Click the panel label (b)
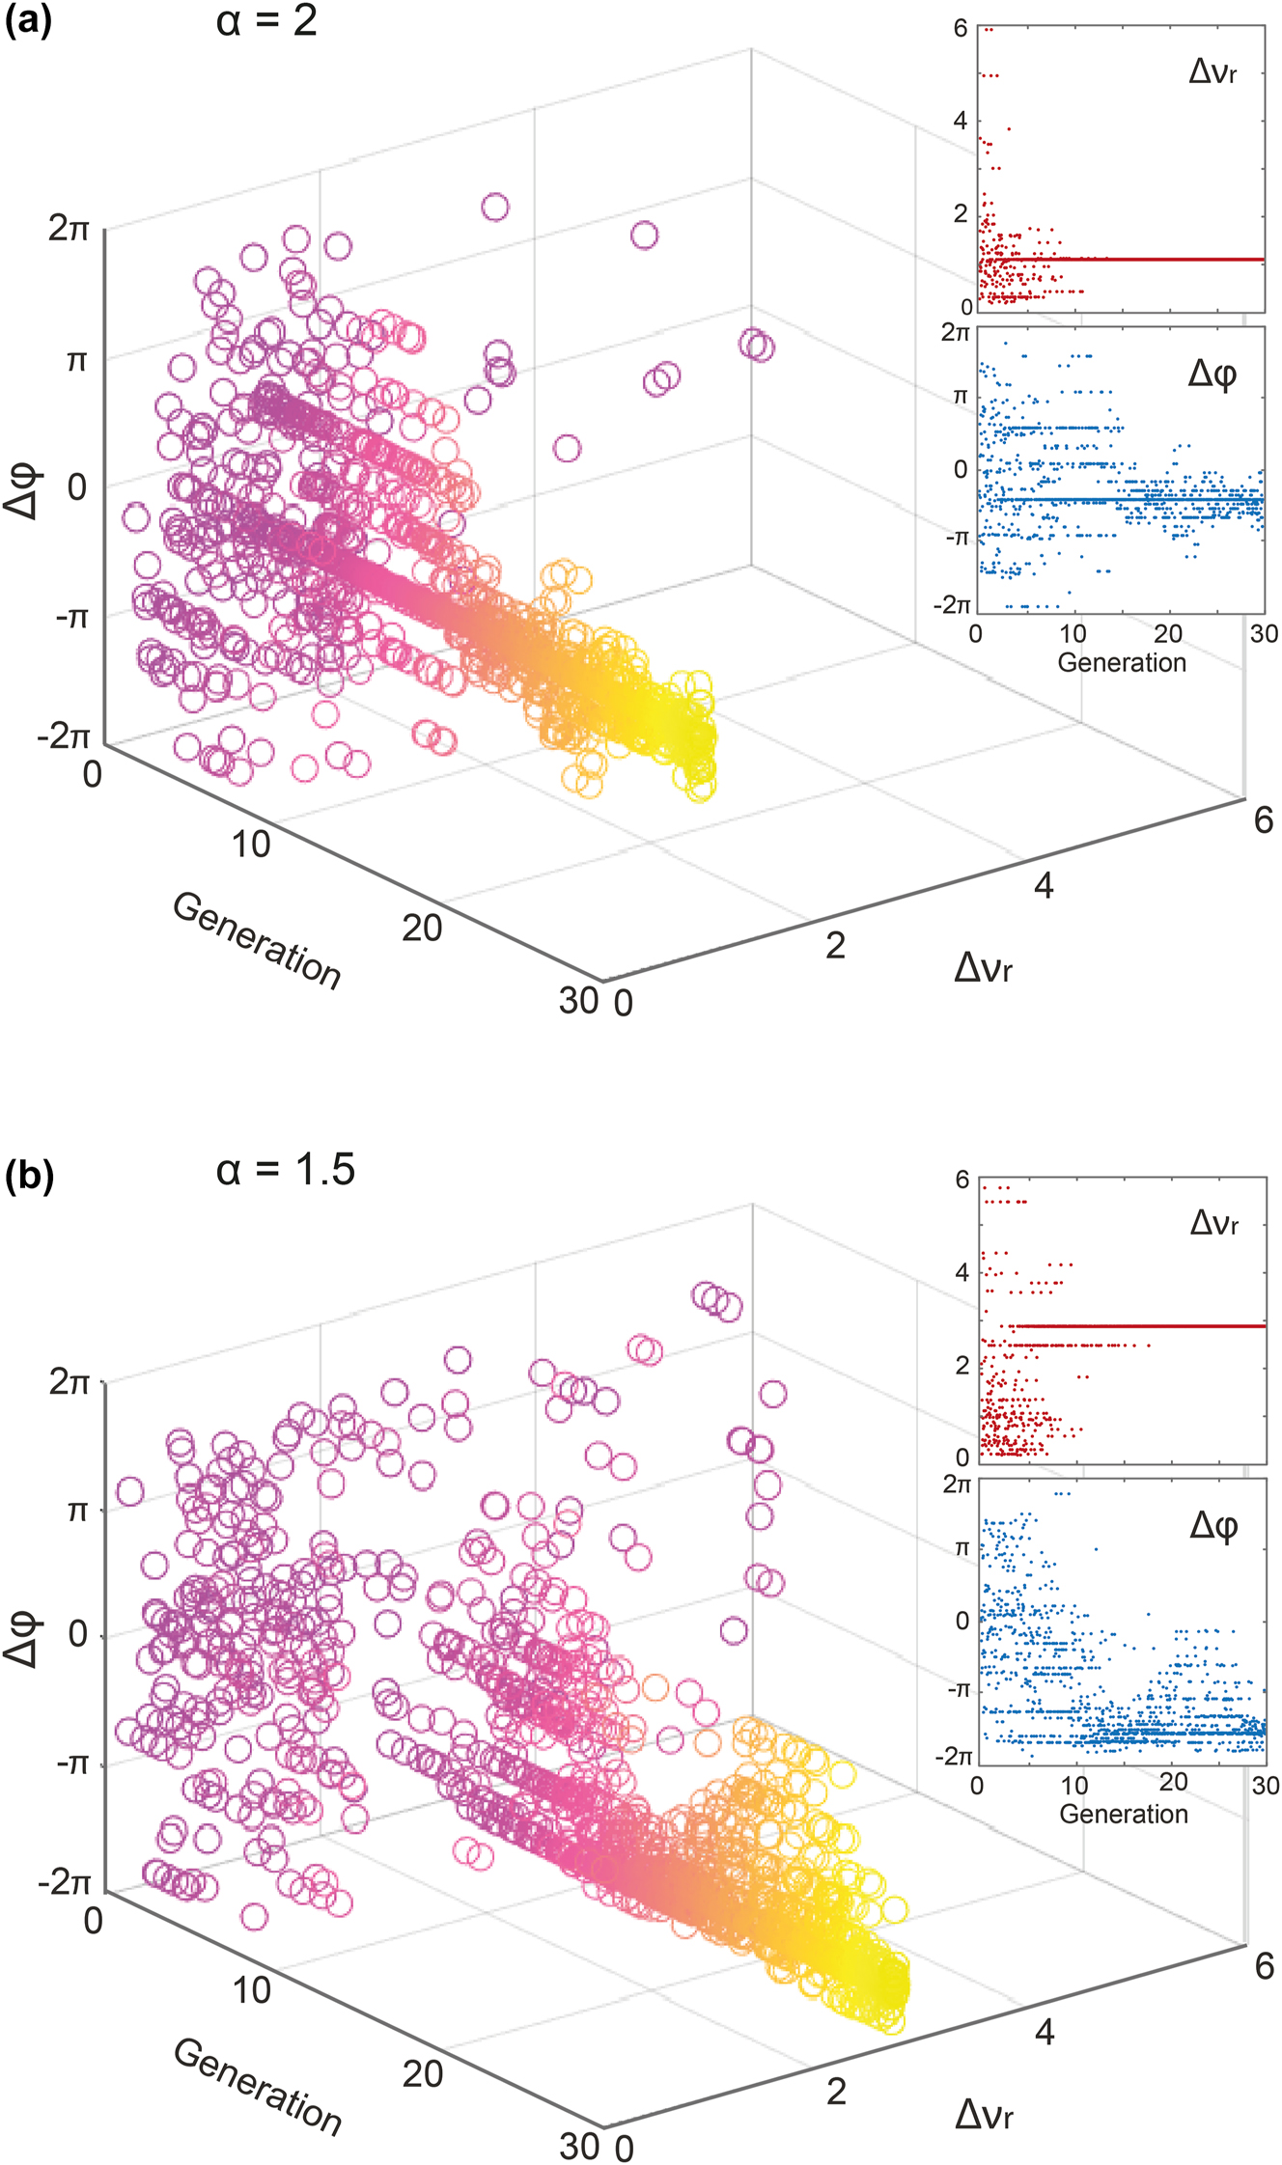coord(29,1179)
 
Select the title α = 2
coord(266,20)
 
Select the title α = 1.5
coord(286,1170)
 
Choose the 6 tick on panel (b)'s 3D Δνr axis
coord(1264,1965)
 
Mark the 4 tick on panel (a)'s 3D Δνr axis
coord(1044,885)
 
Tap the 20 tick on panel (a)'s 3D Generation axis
coord(422,928)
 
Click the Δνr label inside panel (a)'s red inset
coord(1212,72)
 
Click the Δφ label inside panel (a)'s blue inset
coord(1212,374)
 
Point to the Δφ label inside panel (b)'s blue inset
coord(1213,1525)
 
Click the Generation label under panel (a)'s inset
coord(1122,662)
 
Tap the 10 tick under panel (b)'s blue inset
coord(1074,1785)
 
